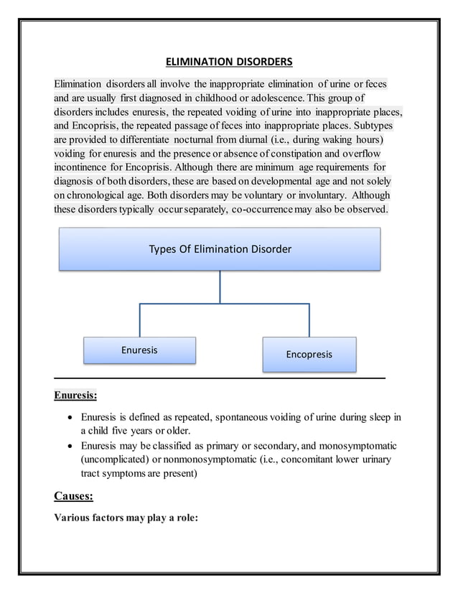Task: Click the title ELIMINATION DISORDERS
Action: [225, 62]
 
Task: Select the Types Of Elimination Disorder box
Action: [220, 249]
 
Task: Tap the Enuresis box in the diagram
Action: [139, 350]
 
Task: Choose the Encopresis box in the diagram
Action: [309, 355]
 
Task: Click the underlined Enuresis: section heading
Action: [75, 395]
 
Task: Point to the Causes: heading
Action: [73, 495]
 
